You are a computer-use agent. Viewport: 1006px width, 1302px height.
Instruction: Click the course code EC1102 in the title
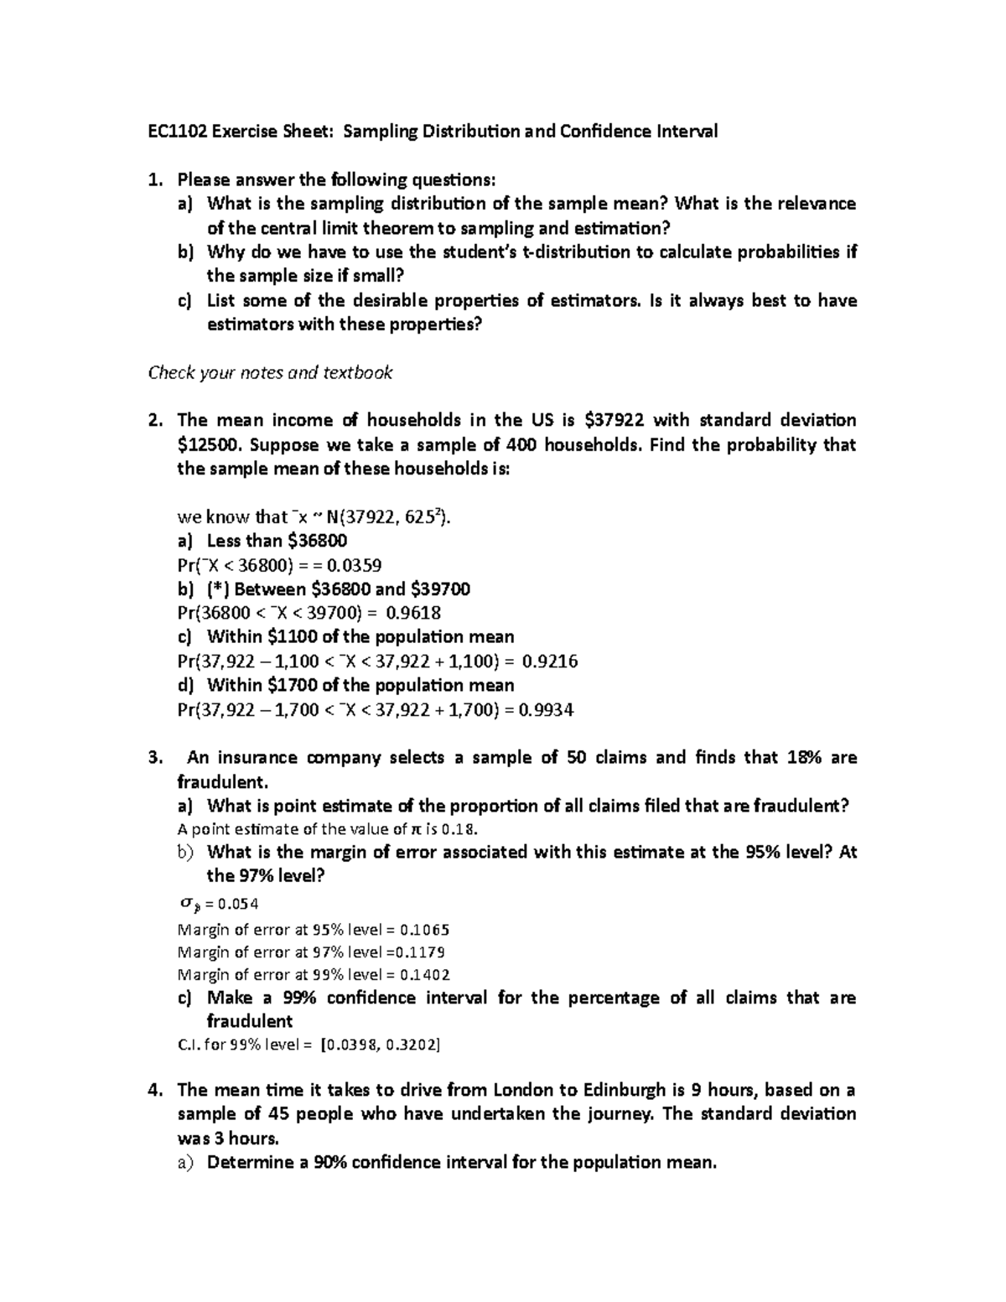176,132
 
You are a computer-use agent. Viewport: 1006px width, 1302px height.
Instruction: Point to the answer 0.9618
412,613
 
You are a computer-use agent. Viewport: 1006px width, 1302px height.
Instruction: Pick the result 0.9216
549,661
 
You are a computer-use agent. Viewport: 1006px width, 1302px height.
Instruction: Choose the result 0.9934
546,710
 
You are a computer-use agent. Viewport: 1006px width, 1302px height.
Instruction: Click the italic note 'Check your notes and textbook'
270,372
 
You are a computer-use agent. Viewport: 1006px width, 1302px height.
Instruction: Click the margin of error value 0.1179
420,952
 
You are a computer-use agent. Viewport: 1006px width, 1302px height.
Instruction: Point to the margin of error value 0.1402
425,975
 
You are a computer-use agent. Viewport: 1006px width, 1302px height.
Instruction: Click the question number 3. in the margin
153,758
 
